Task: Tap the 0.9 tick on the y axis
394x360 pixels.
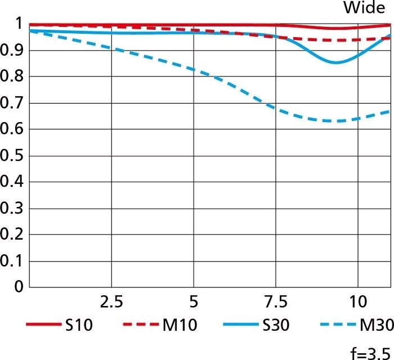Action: click(x=11, y=50)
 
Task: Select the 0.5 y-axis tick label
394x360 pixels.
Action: click(x=11, y=155)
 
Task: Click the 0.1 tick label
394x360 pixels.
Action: click(x=11, y=261)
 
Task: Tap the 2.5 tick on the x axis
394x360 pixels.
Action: click(x=111, y=302)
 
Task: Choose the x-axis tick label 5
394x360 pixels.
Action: click(x=193, y=302)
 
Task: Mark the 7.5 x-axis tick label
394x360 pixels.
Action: click(x=275, y=302)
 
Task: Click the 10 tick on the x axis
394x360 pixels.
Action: click(x=357, y=302)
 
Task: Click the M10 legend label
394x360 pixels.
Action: click(x=180, y=325)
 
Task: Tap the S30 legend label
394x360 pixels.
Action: click(x=277, y=325)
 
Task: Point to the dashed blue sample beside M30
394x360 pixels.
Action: click(x=337, y=325)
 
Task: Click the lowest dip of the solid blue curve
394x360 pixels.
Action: click(x=337, y=62)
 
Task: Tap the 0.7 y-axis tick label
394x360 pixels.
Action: click(x=11, y=103)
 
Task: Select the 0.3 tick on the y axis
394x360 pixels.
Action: click(x=11, y=208)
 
